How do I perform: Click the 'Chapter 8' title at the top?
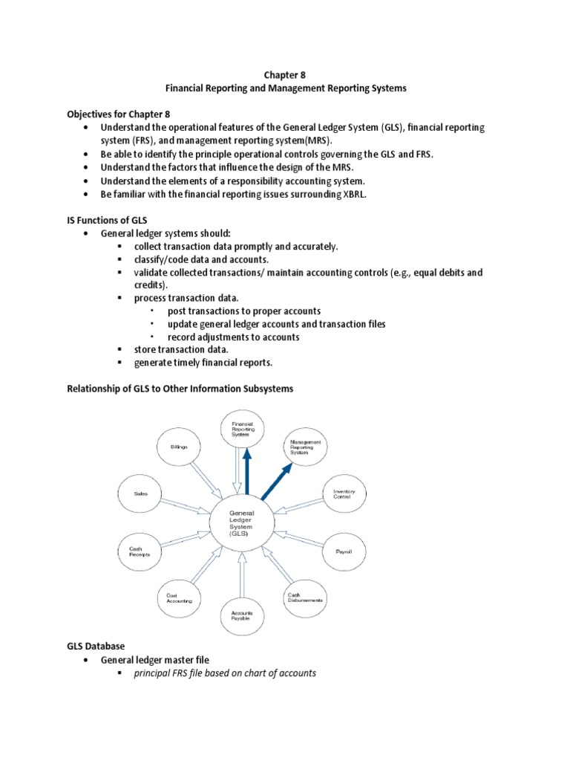click(x=285, y=74)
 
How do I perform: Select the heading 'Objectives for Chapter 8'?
click(x=118, y=114)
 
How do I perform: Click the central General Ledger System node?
click(x=242, y=523)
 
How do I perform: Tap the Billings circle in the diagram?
click(x=179, y=447)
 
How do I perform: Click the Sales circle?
click(x=141, y=493)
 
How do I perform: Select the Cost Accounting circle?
click(x=179, y=597)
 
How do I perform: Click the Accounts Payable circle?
click(x=240, y=615)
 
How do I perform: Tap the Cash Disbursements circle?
click(x=305, y=597)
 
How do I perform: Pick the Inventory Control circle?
click(x=344, y=493)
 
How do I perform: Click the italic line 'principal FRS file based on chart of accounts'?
click(x=225, y=673)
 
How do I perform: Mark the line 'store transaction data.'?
click(x=181, y=349)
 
